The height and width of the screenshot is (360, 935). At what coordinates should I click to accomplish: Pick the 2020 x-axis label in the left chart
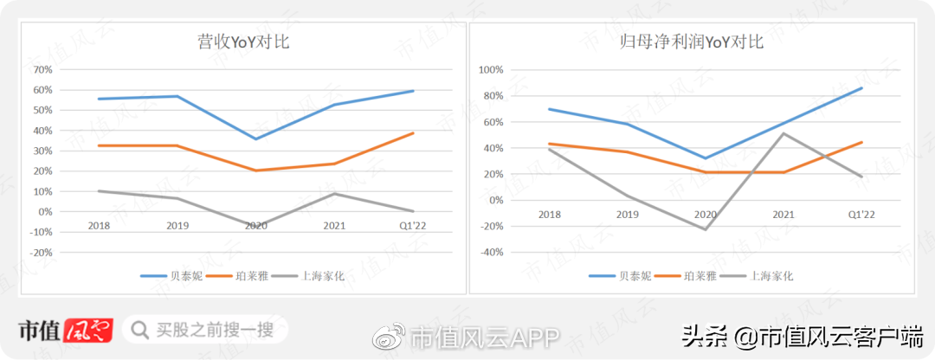(257, 225)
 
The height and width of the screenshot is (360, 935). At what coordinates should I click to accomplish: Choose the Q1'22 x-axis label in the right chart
(862, 214)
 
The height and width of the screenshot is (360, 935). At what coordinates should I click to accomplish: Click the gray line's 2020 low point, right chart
(706, 229)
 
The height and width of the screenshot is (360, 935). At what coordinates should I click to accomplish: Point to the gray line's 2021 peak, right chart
(784, 133)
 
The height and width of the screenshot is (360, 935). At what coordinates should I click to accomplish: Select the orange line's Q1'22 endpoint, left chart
(413, 133)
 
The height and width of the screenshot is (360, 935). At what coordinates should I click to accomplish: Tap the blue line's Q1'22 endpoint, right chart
(862, 87)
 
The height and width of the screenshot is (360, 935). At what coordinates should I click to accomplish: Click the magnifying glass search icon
(139, 330)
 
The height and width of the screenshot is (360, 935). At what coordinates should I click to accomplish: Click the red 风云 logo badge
(88, 330)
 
